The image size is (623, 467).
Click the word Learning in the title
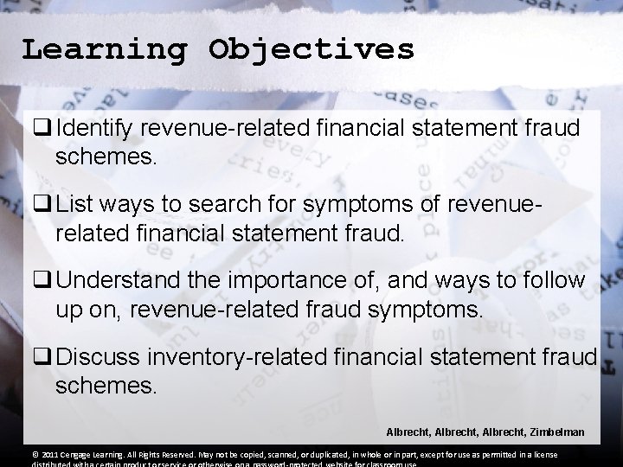pos(104,49)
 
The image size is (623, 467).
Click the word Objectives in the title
pos(311,49)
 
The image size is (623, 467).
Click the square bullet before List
pos(42,207)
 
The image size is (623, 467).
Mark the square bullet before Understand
pos(42,282)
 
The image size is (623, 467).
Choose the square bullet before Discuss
pos(42,357)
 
